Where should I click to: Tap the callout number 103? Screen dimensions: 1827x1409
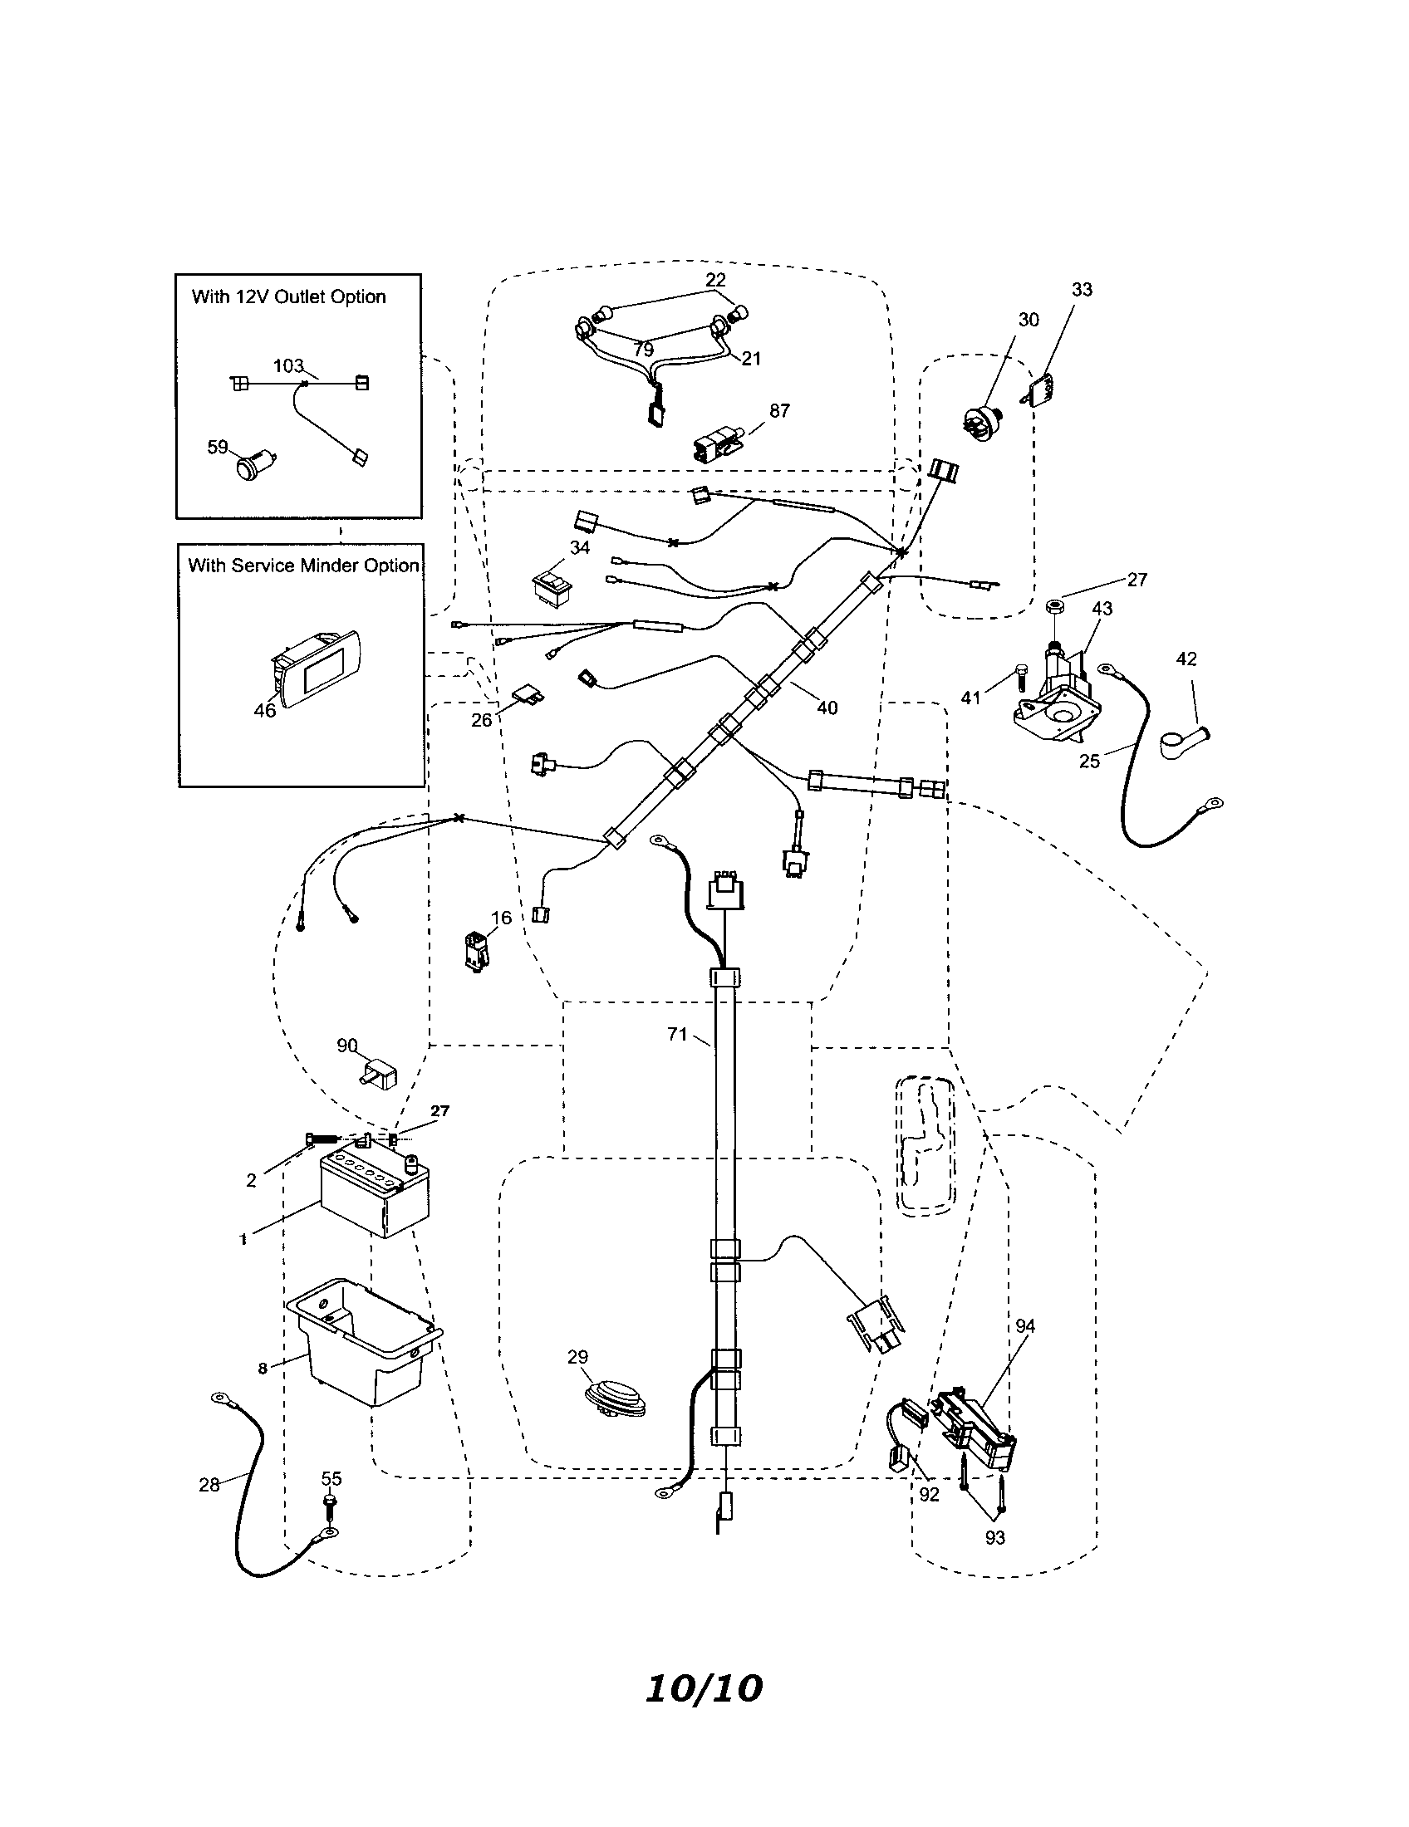tap(288, 366)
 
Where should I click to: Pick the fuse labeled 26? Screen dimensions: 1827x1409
tap(528, 692)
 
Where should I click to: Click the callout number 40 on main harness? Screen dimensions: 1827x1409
tap(827, 708)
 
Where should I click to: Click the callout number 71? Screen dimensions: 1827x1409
tap(677, 1035)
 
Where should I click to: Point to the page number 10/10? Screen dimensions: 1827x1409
tap(704, 1689)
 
